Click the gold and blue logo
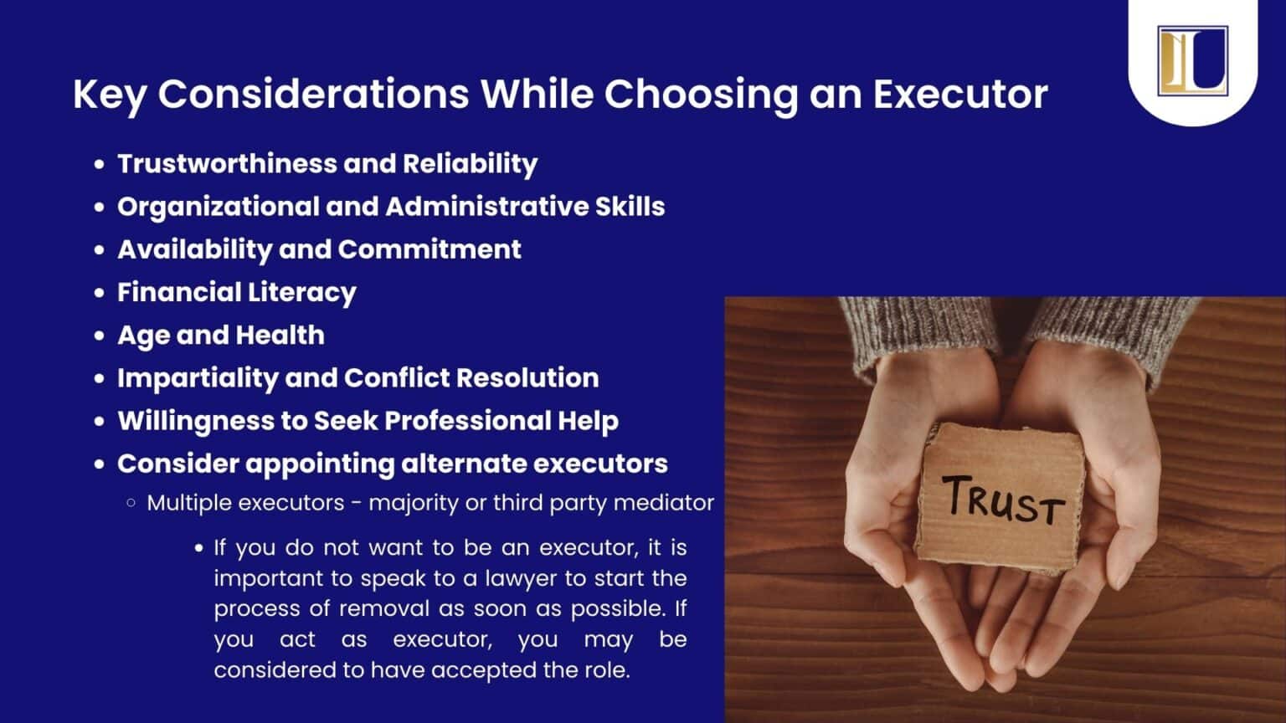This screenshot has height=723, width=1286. (1192, 60)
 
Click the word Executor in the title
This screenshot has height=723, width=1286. (960, 94)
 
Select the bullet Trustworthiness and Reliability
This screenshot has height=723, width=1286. (327, 163)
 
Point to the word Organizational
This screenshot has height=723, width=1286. (218, 207)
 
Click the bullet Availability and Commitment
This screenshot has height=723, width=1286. (319, 249)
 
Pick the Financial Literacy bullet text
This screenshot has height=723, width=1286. (236, 292)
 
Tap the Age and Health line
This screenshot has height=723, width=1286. (220, 335)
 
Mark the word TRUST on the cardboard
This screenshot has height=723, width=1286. (1003, 499)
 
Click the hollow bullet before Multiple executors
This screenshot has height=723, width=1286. (131, 503)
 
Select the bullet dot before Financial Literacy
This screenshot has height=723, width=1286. (100, 293)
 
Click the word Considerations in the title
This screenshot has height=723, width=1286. (313, 94)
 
